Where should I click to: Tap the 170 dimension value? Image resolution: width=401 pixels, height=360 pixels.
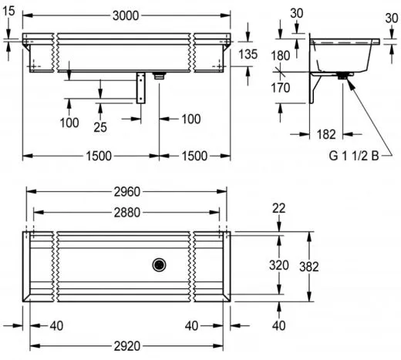(281, 88)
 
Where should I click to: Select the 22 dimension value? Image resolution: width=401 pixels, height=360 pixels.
(279, 208)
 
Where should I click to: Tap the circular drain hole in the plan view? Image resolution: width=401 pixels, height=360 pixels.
(160, 264)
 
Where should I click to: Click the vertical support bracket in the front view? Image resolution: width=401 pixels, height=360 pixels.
(141, 88)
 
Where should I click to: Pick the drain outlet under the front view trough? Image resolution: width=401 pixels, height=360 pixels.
(160, 76)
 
